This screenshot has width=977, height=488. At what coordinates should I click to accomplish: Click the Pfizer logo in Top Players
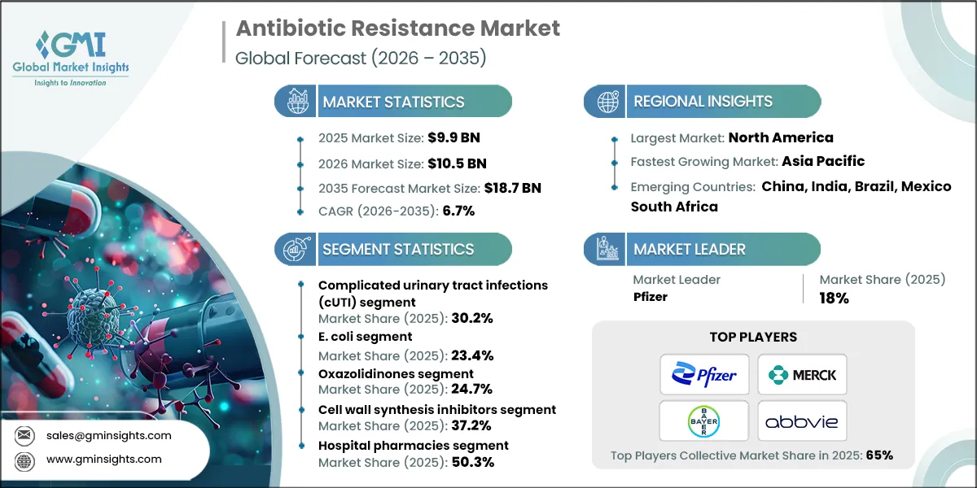[705, 375]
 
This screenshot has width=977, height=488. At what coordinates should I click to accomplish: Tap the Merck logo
[802, 375]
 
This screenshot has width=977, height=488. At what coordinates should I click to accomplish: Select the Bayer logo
[705, 420]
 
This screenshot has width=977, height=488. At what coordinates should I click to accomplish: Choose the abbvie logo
[802, 421]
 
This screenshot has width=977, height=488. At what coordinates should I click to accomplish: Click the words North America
[780, 137]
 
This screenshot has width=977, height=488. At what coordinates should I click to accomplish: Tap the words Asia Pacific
[823, 161]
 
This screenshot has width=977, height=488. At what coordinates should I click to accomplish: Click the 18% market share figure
[834, 298]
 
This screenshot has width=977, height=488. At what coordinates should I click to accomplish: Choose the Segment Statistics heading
[397, 249]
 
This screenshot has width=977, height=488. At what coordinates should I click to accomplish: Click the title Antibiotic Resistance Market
[397, 28]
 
